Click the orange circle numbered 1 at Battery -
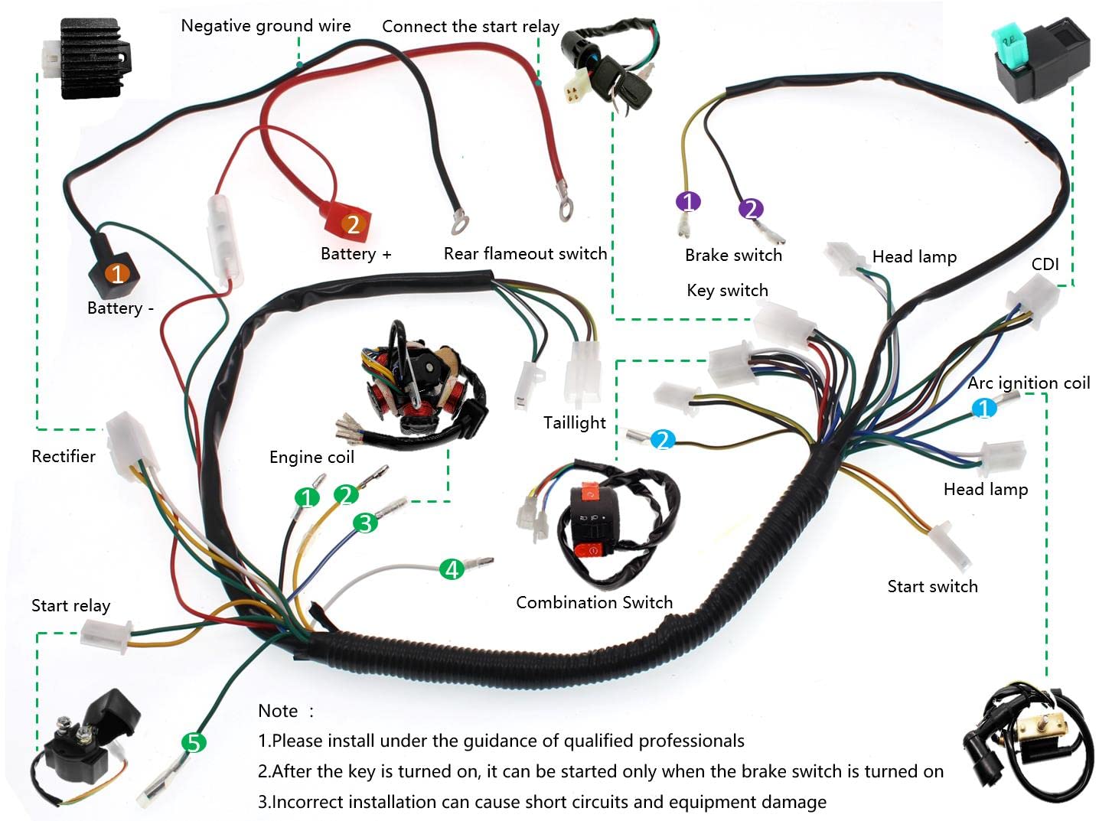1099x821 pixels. pyautogui.click(x=117, y=273)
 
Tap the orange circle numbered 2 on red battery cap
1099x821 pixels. pyautogui.click(x=353, y=224)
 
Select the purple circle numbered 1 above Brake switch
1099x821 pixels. pyautogui.click(x=688, y=201)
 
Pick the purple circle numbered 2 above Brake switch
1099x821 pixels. pyautogui.click(x=751, y=209)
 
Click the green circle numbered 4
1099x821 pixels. pyautogui.click(x=452, y=569)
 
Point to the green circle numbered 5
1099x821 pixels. pyautogui.click(x=194, y=742)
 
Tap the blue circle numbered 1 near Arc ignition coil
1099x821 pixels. pyautogui.click(x=983, y=407)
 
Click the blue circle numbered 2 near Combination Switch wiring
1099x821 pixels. pyautogui.click(x=662, y=440)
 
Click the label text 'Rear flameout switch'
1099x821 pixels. pyautogui.click(x=525, y=253)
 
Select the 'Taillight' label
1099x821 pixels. pyautogui.click(x=574, y=422)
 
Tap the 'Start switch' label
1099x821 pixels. pyautogui.click(x=932, y=586)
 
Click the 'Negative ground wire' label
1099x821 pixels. pyautogui.click(x=266, y=25)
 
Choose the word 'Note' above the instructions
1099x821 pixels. pyautogui.click(x=278, y=711)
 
